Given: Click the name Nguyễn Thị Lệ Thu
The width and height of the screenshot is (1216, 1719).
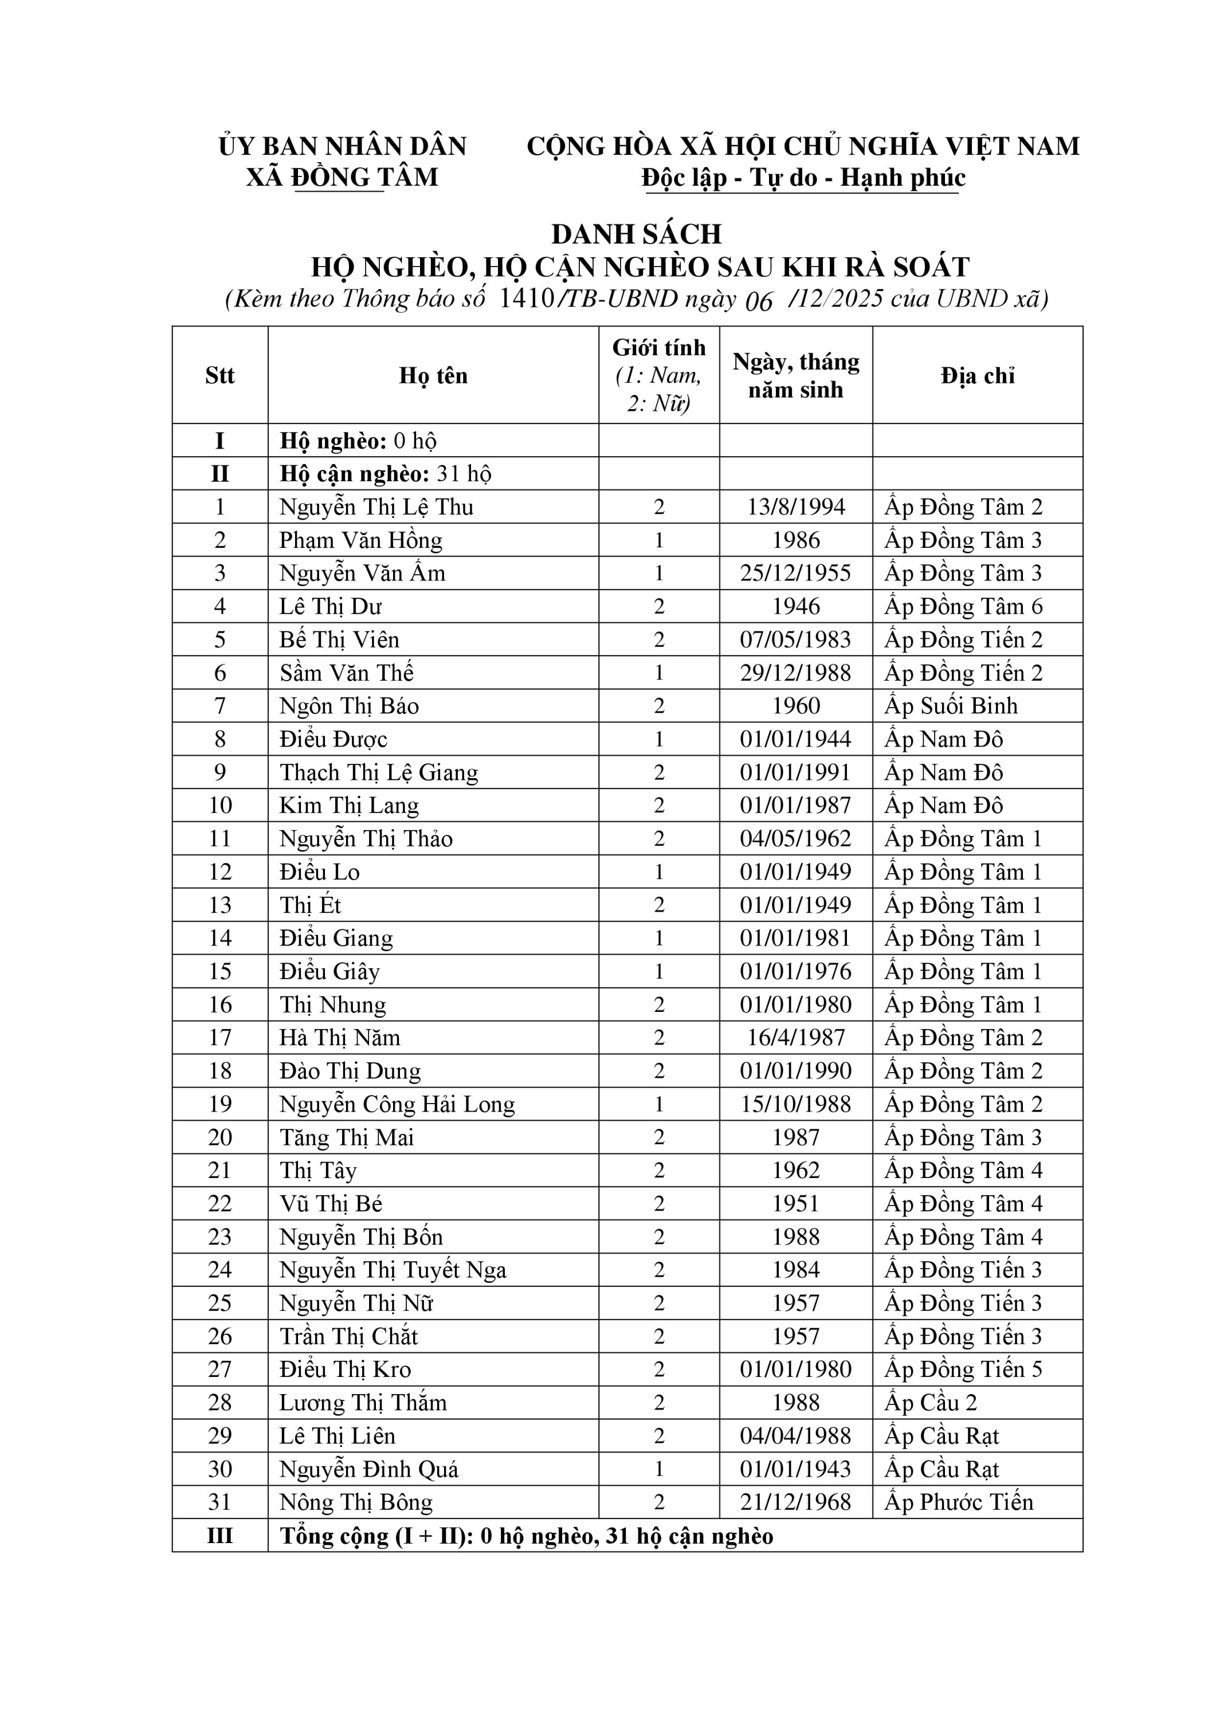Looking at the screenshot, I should coord(376,507).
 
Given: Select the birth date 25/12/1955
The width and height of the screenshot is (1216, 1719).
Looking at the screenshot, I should coord(795,574).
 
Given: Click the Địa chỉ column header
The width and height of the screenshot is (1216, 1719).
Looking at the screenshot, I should coord(977,375).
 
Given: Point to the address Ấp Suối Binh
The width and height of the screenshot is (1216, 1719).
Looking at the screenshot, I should coord(951,706).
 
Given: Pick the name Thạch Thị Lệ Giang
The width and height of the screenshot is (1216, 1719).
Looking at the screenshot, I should coord(378,772).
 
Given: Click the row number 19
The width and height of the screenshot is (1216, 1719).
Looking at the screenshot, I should coord(219,1104).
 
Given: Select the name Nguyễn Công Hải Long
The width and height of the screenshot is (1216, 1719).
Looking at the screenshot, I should coord(397,1104).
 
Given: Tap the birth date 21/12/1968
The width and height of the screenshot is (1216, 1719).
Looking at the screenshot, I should coord(795,1502).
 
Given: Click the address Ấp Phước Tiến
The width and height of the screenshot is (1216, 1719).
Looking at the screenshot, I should coord(959,1502).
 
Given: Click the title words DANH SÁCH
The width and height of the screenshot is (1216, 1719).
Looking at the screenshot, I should coord(637,234).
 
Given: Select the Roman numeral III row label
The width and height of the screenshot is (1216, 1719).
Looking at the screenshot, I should coord(219,1536).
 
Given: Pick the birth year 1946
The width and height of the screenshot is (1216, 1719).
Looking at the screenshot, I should coord(795,606).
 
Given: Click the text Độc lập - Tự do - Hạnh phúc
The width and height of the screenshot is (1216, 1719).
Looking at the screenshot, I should coord(803,178).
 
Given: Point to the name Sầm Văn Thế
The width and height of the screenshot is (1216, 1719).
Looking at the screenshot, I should coord(346,673).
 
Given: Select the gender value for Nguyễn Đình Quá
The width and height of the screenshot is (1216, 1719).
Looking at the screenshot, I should coord(659,1469).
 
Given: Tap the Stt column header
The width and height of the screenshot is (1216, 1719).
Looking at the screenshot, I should coord(219,375).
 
